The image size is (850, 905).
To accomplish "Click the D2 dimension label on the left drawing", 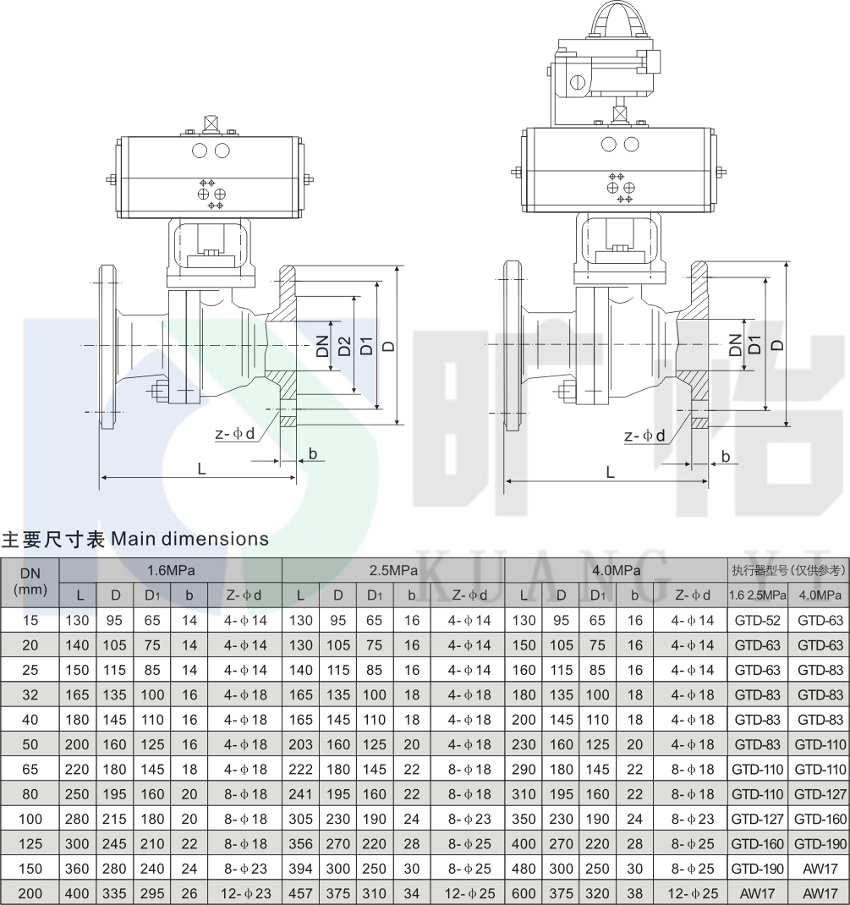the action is (344, 346).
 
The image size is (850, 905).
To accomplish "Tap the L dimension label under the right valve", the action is (610, 472).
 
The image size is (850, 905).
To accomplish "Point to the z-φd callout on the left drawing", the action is (235, 433).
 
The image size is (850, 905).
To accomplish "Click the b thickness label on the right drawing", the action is (726, 457).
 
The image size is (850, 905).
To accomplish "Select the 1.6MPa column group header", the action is (171, 570).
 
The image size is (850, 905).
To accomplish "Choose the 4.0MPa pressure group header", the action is (617, 570).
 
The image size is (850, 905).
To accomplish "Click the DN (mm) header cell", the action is (30, 582).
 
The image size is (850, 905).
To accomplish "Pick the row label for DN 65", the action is (30, 770).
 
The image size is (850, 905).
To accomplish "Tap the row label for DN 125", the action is (30, 844).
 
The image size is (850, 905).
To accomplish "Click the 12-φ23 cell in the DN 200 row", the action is (245, 893).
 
